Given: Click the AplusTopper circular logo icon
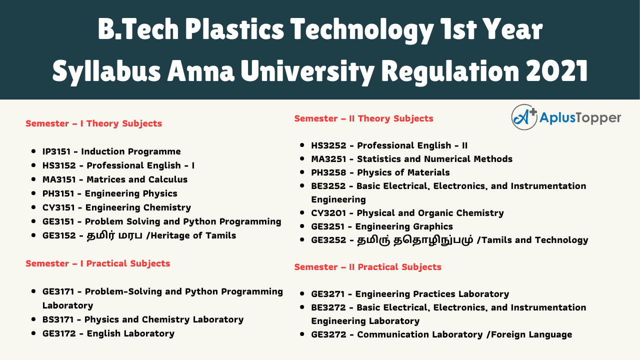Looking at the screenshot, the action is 524,117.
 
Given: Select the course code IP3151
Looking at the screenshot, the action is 56,151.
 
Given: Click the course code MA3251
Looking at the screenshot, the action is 328,159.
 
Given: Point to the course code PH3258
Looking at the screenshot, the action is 328,172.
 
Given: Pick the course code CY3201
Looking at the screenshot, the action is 328,213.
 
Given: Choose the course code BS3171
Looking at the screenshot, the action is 58,319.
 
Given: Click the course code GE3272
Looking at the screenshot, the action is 328,334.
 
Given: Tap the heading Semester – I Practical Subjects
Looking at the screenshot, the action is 97,263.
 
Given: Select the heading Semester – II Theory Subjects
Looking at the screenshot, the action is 363,118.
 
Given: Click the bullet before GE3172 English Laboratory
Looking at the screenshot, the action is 33,333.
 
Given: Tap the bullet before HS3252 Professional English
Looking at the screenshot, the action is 302,145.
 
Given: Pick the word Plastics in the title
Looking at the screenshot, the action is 234,29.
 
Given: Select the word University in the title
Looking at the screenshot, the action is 307,71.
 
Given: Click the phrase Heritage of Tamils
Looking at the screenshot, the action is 193,235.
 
